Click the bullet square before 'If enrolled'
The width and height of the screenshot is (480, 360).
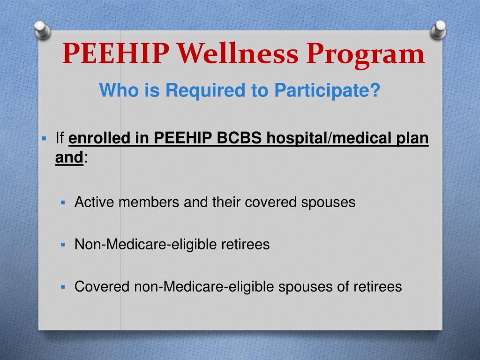pos(45,139)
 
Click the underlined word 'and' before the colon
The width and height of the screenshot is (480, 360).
pos(69,158)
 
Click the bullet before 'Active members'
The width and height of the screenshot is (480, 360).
pos(63,202)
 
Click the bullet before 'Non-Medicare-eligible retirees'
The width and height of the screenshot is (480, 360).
pos(63,244)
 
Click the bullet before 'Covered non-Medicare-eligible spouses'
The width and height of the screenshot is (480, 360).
pos(63,286)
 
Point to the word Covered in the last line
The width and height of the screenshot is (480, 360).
pos(102,286)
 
